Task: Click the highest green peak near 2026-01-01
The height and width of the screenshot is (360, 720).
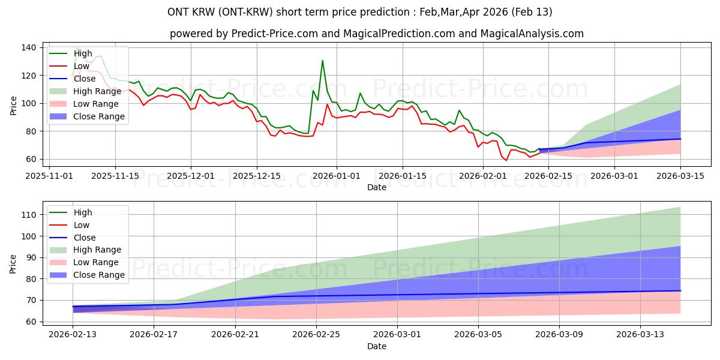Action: click(x=322, y=61)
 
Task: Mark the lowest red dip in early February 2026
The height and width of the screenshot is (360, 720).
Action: click(x=506, y=160)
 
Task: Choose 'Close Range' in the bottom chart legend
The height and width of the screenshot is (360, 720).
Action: click(x=99, y=275)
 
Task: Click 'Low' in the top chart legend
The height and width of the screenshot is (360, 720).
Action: click(x=83, y=66)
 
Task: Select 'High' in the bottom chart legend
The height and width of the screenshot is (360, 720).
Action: click(x=83, y=212)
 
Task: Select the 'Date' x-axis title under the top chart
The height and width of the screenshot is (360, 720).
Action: click(x=377, y=187)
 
